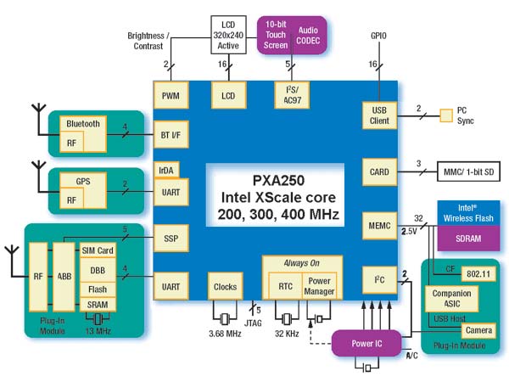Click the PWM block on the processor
[171, 95]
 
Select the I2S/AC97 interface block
[292, 95]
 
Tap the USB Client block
[379, 115]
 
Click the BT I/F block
[171, 135]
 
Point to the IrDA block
[166, 170]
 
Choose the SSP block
[171, 239]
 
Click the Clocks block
[226, 287]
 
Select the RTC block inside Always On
[285, 286]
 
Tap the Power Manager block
[320, 286]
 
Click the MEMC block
[379, 226]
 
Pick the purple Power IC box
[366, 343]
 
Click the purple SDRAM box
[468, 239]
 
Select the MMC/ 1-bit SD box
[469, 171]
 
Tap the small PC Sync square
[446, 115]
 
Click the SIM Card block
[98, 250]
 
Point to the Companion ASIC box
[451, 299]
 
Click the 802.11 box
[478, 274]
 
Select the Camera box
[478, 330]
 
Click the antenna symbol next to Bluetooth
[39, 119]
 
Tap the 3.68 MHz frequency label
[225, 334]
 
